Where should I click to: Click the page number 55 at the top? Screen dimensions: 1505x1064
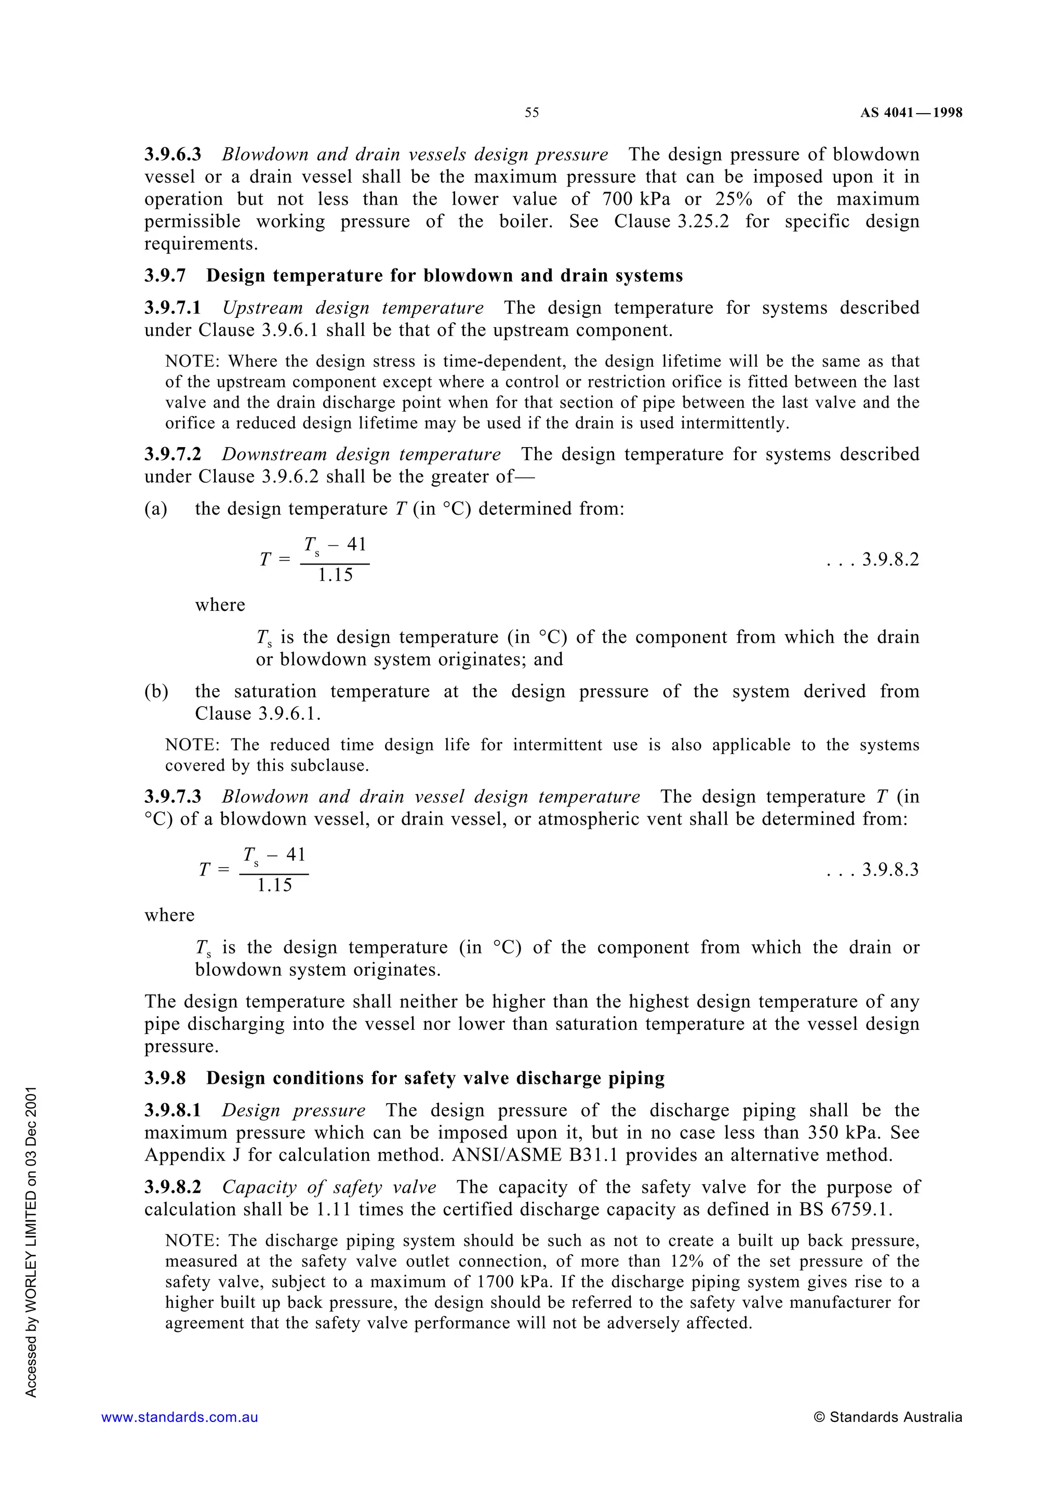tap(531, 113)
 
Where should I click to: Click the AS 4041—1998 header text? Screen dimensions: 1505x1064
tap(911, 113)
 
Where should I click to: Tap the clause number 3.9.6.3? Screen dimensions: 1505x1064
tap(173, 155)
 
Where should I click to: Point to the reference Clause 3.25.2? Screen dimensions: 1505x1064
tap(671, 222)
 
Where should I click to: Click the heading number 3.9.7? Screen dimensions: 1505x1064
tap(165, 276)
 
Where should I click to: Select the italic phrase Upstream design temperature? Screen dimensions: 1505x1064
tap(353, 308)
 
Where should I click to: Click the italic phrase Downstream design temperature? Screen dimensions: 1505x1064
tap(361, 454)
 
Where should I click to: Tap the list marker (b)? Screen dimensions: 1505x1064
tap(156, 692)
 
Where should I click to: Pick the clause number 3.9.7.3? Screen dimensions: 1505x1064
tap(173, 797)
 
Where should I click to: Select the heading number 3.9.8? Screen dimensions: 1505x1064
tap(165, 1078)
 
